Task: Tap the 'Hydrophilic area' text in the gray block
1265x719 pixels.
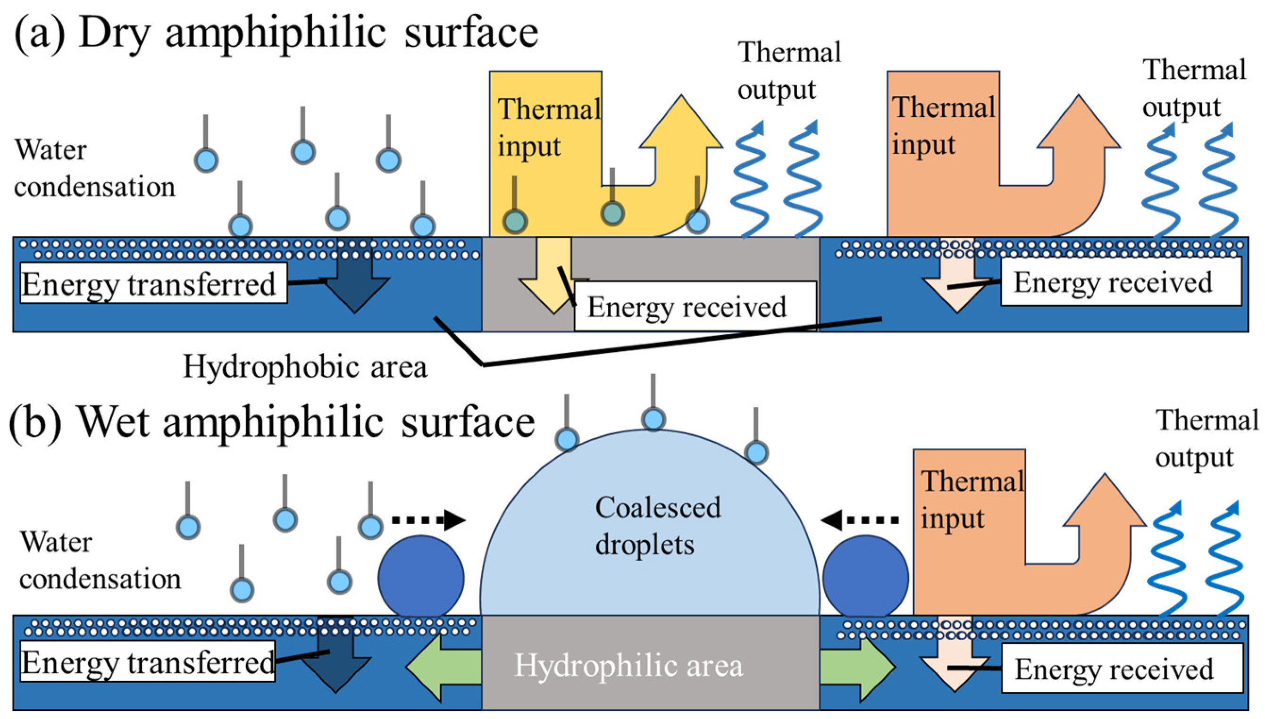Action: click(628, 666)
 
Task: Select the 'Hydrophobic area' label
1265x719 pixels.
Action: click(305, 367)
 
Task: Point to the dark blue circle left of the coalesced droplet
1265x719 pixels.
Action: click(420, 577)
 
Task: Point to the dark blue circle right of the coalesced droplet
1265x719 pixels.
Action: click(865, 577)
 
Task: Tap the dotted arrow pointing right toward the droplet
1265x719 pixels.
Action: click(428, 520)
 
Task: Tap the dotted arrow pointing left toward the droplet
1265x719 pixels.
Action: click(860, 520)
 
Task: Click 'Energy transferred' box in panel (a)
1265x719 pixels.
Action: click(153, 283)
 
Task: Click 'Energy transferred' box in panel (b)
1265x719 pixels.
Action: click(147, 662)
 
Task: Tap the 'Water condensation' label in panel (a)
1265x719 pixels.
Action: click(94, 168)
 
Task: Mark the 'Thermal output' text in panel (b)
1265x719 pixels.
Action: click(1206, 439)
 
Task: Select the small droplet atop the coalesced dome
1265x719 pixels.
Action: click(653, 419)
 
